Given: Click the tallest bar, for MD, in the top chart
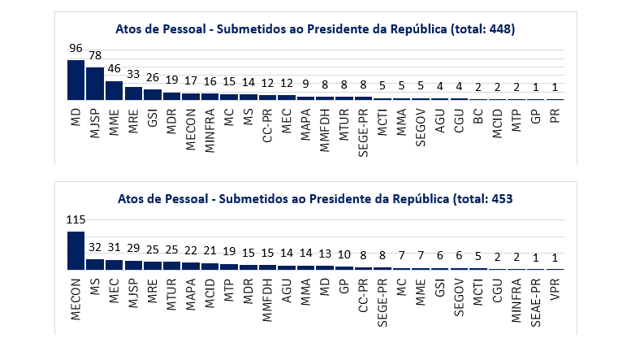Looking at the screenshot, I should click(76, 80).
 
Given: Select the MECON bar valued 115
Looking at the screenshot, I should click(76, 250).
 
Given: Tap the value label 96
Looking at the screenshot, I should click(76, 51).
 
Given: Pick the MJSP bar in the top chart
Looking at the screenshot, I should click(95, 84).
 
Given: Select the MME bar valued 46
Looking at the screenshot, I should click(114, 90).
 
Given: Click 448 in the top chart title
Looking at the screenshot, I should click(496, 28).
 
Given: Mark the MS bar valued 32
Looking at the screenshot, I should click(95, 264).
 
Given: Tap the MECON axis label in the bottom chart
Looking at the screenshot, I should click(76, 298).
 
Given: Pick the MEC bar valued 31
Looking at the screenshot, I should click(114, 264).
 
